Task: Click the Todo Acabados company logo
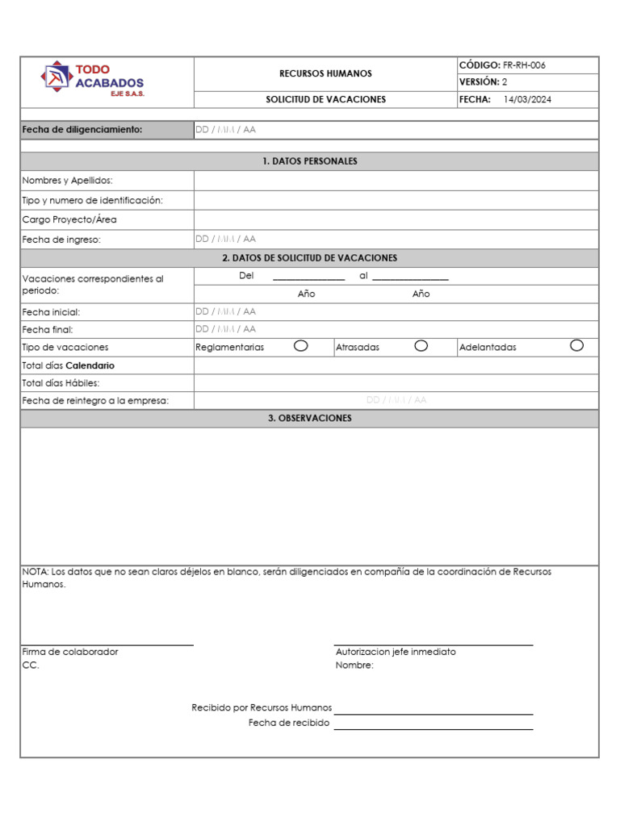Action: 93,81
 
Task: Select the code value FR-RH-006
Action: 525,65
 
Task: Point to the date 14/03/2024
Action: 527,99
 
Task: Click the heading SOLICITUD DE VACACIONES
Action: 325,99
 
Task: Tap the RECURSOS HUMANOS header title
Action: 325,73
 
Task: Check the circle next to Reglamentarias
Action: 300,346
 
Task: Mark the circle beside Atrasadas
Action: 421,346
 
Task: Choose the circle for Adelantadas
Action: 576,346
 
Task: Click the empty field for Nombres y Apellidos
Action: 396,181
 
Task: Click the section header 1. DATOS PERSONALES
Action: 309,161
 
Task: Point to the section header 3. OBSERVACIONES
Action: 309,419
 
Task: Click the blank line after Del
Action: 308,278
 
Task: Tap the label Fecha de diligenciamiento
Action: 82,130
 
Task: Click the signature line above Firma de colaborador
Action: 107,645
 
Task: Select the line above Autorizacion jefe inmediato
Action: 434,645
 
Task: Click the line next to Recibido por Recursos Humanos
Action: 434,713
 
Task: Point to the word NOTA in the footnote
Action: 36,572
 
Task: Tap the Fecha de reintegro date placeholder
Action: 396,400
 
